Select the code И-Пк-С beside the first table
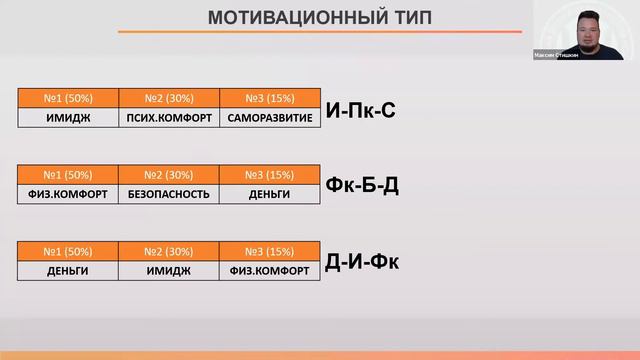pos(360,110)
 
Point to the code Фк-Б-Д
pos(362,185)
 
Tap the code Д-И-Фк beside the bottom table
pos(362,263)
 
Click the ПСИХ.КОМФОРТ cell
pos(169,117)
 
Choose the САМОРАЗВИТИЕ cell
pos(270,117)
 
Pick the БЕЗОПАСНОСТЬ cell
pos(169,194)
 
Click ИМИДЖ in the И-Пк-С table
pos(68,117)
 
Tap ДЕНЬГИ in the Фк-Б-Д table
pos(270,194)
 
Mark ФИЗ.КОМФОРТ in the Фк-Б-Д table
pos(68,194)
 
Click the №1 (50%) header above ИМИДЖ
pos(68,98)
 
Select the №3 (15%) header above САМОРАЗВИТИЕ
pos(270,98)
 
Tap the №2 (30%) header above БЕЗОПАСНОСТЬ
pos(169,175)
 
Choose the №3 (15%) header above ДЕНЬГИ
pos(270,175)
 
